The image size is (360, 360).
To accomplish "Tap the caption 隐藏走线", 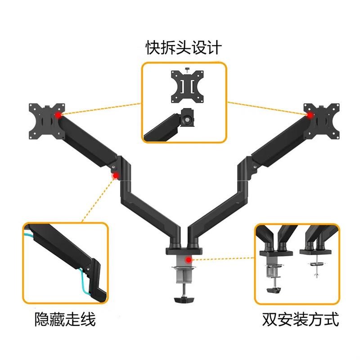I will click(65, 320).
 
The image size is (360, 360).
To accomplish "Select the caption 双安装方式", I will click(300, 320).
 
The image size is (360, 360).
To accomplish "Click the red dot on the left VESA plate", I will click(58, 116).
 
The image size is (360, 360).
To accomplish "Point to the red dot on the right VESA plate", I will click(310, 115).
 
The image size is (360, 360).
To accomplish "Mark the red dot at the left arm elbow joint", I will click(116, 175).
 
